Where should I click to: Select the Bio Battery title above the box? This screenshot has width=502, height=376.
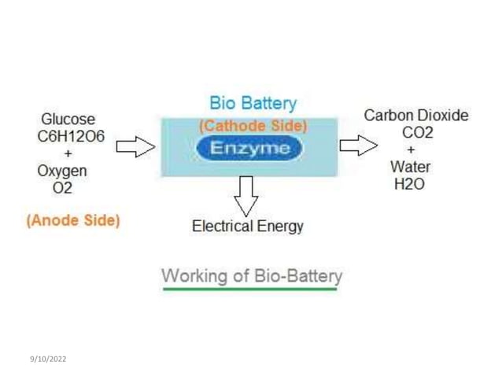pyautogui.click(x=253, y=103)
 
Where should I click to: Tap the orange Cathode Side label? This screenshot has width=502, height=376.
pyautogui.click(x=253, y=126)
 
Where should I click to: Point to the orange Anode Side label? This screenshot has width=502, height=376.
pyautogui.click(x=73, y=220)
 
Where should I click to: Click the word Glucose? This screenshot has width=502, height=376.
pyautogui.click(x=68, y=120)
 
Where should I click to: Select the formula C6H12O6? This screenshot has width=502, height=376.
pyautogui.click(x=71, y=136)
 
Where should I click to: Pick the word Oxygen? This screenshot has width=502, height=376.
pyautogui.click(x=62, y=171)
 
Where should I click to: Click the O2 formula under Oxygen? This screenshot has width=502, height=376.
pyautogui.click(x=61, y=188)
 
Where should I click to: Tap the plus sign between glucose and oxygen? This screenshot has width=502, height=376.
pyautogui.click(x=68, y=153)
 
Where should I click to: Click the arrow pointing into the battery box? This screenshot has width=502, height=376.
pyautogui.click(x=135, y=146)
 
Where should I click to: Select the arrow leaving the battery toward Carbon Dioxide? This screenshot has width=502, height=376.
pyautogui.click(x=358, y=146)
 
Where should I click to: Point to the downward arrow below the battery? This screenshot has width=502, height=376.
pyautogui.click(x=247, y=194)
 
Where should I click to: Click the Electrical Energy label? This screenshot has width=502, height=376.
pyautogui.click(x=247, y=227)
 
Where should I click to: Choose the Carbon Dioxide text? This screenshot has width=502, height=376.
pyautogui.click(x=415, y=116)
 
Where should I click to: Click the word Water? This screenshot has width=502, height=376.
pyautogui.click(x=409, y=167)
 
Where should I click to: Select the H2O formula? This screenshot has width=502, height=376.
pyautogui.click(x=409, y=184)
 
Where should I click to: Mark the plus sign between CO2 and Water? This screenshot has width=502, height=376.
pyautogui.click(x=411, y=149)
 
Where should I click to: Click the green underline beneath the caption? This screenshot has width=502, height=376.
pyautogui.click(x=249, y=289)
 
